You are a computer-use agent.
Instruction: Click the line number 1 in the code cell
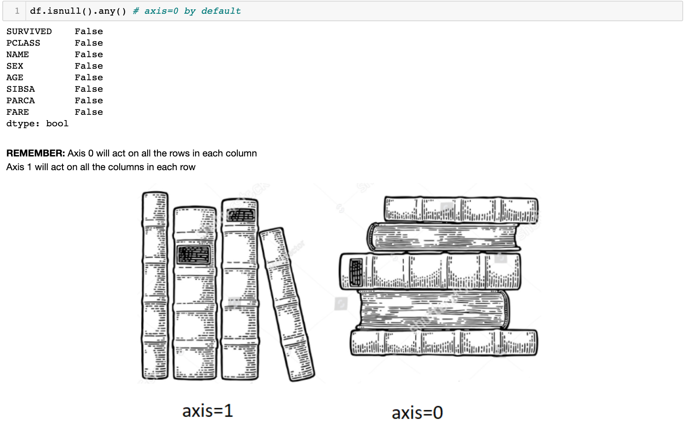coord(17,11)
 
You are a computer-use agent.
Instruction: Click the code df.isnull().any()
coord(78,12)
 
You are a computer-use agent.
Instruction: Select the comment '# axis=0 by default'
coord(187,12)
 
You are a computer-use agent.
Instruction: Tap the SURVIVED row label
coord(29,31)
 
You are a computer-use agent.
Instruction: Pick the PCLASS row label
coord(23,43)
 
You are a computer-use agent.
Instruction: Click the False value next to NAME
coord(89,55)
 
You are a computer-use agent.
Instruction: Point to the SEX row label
coord(15,66)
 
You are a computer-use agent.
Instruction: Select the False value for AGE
coord(89,78)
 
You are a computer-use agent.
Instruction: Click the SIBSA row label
coord(20,89)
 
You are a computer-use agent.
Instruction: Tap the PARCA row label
coord(20,101)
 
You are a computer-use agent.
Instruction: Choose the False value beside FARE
coord(89,112)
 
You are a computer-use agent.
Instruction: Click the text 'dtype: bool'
coord(37,124)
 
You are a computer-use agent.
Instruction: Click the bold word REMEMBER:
coord(35,153)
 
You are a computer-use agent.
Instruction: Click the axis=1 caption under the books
coord(208,411)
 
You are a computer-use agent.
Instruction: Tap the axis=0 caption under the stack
coord(417,413)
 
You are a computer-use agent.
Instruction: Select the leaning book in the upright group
coord(287,304)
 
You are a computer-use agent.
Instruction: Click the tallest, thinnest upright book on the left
coord(155,285)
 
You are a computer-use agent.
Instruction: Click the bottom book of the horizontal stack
coord(444,343)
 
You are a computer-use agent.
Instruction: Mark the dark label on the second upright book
coord(194,254)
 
